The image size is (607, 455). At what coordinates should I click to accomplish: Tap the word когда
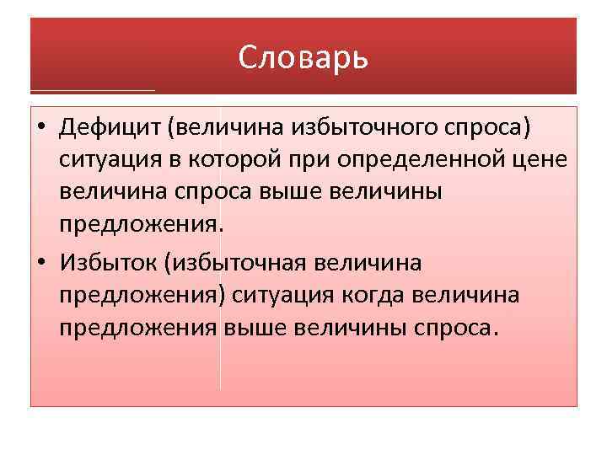(394, 295)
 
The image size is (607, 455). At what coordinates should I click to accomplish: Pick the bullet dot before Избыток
(40, 263)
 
